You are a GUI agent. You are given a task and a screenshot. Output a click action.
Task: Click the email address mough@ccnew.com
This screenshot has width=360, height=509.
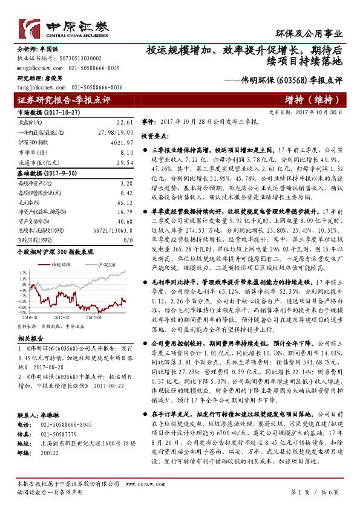pyautogui.click(x=36, y=69)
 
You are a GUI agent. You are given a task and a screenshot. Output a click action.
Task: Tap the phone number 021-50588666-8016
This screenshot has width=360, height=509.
pyautogui.click(x=97, y=87)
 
